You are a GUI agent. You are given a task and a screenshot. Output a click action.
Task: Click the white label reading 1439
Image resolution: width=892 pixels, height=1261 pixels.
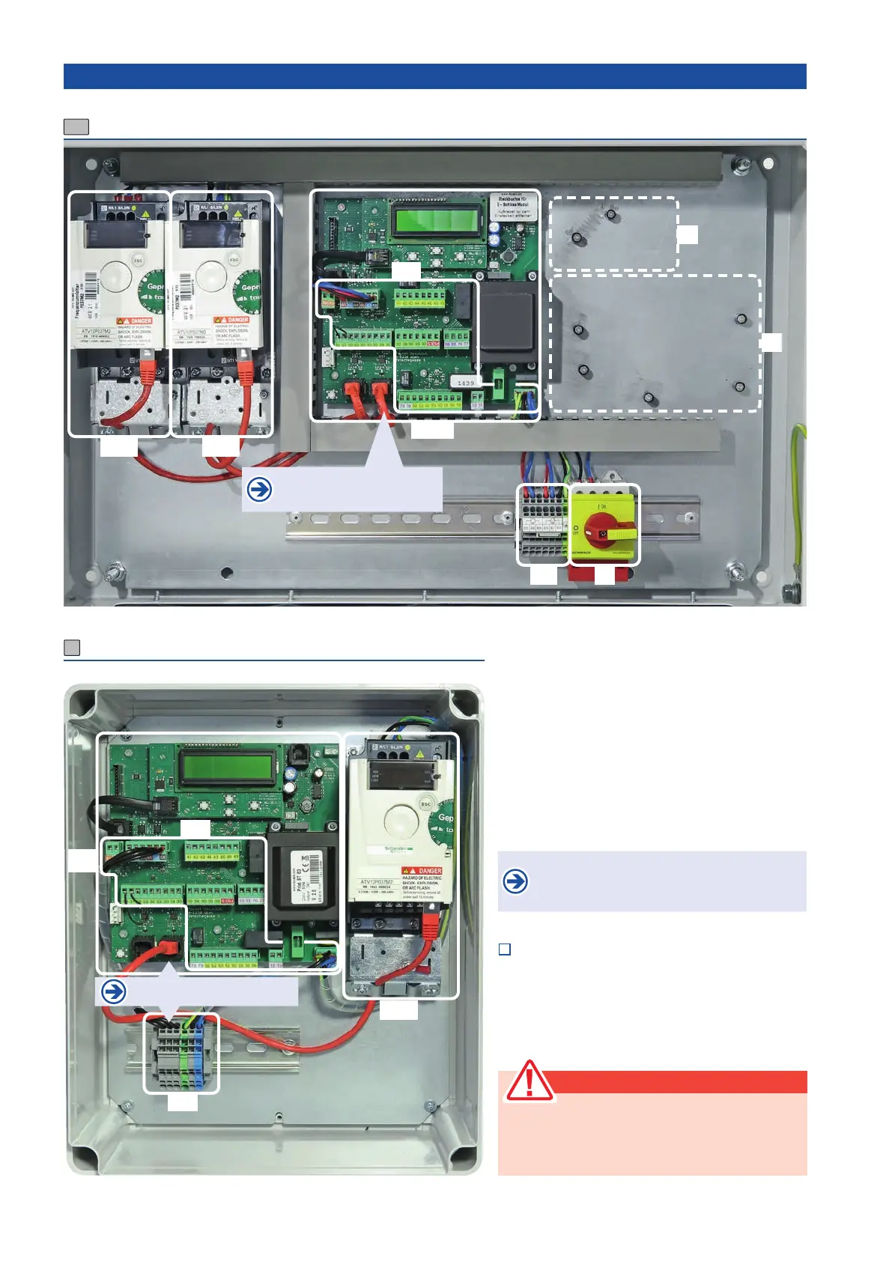(465, 383)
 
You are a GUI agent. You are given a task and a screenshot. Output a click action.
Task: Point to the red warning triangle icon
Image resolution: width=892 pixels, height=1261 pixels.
(529, 1081)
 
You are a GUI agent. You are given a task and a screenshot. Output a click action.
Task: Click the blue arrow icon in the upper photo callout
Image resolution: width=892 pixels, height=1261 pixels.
(259, 490)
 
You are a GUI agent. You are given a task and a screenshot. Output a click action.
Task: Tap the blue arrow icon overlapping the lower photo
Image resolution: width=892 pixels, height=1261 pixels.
(113, 992)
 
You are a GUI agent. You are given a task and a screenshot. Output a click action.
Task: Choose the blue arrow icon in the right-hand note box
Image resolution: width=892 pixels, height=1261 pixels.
(515, 881)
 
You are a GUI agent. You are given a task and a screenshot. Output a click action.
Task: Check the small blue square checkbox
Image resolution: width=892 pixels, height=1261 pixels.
(505, 949)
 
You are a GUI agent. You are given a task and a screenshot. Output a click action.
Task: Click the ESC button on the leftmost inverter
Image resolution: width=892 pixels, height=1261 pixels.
(138, 261)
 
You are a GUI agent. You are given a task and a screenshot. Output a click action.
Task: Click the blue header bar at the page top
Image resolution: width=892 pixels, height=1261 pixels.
(434, 76)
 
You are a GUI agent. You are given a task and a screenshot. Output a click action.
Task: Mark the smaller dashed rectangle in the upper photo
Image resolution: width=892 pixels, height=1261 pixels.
(614, 234)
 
